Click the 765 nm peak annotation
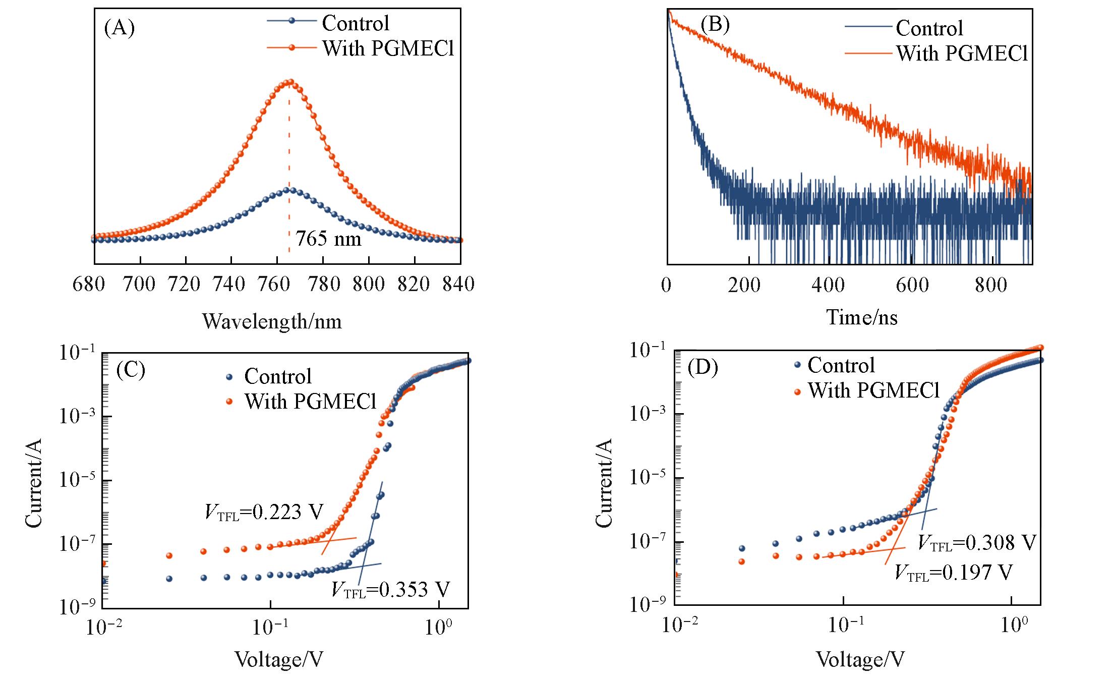tap(328, 239)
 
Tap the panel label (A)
tap(120, 28)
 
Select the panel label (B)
tap(715, 24)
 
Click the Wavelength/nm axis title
tap(272, 321)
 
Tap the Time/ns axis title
tap(861, 317)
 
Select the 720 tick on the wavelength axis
tap(186, 285)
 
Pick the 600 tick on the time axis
tap(912, 285)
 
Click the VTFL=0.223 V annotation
tap(264, 512)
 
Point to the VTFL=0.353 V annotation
tap(390, 589)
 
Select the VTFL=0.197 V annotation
tap(953, 573)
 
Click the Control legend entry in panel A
tap(355, 23)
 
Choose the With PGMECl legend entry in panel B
tap(961, 53)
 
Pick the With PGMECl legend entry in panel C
tap(311, 402)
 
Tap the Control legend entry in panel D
tap(841, 365)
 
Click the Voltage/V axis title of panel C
tap(279, 659)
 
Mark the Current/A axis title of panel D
tap(604, 483)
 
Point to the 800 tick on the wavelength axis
tap(369, 285)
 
